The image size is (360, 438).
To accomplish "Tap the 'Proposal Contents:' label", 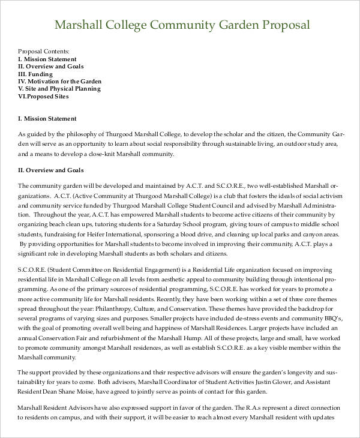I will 44,52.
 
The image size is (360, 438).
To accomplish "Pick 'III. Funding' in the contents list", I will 35,74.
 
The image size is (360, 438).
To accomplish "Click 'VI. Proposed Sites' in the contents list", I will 44,96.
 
